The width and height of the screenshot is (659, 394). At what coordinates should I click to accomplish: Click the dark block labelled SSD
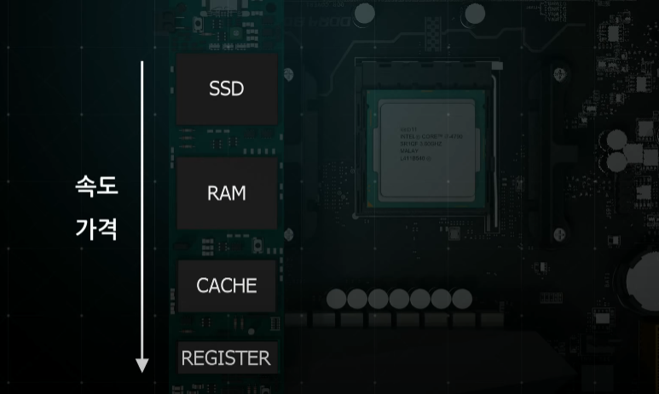pyautogui.click(x=227, y=89)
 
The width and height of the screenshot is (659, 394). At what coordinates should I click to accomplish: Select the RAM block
pyautogui.click(x=227, y=193)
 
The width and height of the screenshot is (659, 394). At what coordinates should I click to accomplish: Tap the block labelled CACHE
pyautogui.click(x=227, y=286)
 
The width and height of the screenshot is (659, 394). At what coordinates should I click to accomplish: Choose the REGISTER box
pyautogui.click(x=226, y=357)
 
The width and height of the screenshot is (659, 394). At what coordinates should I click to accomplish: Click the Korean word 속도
pyautogui.click(x=96, y=186)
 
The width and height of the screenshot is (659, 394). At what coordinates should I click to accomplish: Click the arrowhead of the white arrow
pyautogui.click(x=142, y=366)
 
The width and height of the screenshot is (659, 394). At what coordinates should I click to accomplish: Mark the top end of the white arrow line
pyautogui.click(x=142, y=62)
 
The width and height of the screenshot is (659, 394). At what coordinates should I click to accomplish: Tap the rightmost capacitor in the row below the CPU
pyautogui.click(x=462, y=299)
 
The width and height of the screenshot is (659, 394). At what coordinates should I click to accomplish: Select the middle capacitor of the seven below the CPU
pyautogui.click(x=400, y=299)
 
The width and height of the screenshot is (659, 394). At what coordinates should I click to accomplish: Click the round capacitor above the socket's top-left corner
pyautogui.click(x=364, y=13)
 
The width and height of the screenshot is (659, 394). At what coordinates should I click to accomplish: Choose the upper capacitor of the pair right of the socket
pyautogui.click(x=617, y=139)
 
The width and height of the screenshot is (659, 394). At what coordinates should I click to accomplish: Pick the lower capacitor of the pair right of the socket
pyautogui.click(x=617, y=162)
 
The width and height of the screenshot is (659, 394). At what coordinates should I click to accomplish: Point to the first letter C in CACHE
pyautogui.click(x=203, y=286)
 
